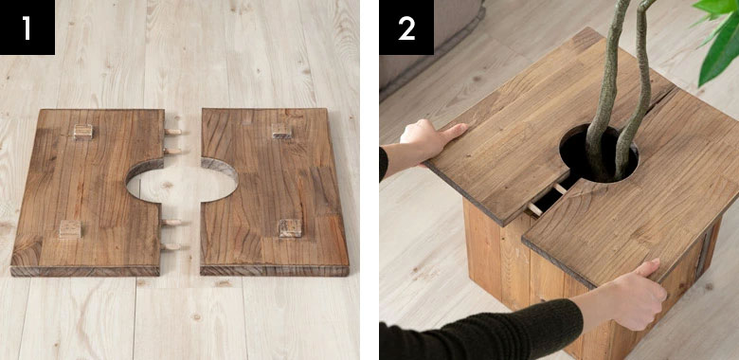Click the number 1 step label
27,28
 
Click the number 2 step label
406,28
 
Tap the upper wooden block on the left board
82,132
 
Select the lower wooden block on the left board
70,229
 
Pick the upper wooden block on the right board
280,131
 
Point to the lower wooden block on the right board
290,228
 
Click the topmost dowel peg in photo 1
172,132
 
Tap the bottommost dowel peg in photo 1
171,246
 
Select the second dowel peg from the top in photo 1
172,152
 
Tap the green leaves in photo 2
719,38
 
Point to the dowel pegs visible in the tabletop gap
547,199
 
